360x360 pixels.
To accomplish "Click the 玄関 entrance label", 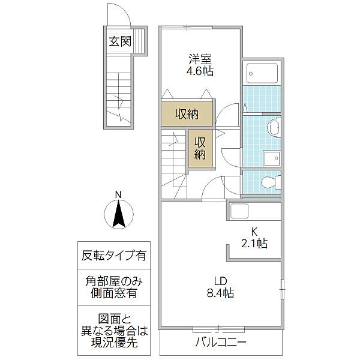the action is point(120,41).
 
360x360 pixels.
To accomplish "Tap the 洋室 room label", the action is point(200,59).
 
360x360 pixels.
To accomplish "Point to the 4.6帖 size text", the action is point(200,71).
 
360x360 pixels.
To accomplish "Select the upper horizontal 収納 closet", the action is point(187,113).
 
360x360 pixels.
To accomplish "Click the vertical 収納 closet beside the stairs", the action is point(200,148).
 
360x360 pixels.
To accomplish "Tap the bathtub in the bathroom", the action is point(262,73).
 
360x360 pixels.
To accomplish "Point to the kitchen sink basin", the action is point(239,211).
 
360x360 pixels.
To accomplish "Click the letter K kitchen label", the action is point(254,232).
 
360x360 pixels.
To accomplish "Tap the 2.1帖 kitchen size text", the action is point(254,244).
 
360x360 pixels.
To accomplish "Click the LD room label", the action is point(221,281).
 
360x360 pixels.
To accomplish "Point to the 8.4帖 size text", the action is point(221,293).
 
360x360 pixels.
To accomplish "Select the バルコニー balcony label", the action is point(221,343).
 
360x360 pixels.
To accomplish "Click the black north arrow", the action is point(119,214).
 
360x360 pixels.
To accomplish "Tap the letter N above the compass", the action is point(118,195).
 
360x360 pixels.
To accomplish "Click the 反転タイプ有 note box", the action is point(114,256).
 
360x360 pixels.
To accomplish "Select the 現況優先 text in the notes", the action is point(114,343).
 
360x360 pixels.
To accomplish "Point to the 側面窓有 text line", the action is point(114,293).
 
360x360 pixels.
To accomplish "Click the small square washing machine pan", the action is point(272,158).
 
